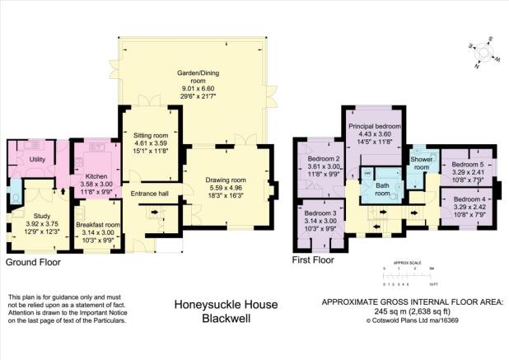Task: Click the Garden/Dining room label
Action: pyautogui.click(x=190, y=77)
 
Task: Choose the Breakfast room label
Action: pyautogui.click(x=98, y=225)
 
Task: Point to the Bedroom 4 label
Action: pyautogui.click(x=467, y=199)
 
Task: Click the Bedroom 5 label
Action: pyautogui.click(x=467, y=165)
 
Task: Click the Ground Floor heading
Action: pyautogui.click(x=33, y=263)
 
